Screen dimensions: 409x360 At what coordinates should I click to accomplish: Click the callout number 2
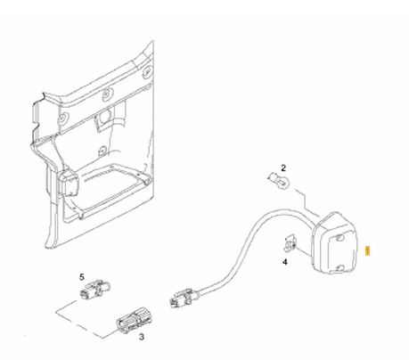pyautogui.click(x=283, y=168)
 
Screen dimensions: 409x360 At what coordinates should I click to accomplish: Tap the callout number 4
pyautogui.click(x=285, y=262)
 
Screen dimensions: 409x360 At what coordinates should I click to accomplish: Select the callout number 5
pyautogui.click(x=82, y=277)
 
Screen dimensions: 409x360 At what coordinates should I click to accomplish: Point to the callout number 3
pyautogui.click(x=142, y=337)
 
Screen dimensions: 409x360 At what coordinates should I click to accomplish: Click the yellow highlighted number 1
pyautogui.click(x=368, y=251)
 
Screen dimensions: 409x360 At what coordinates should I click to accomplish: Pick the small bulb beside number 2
pyautogui.click(x=278, y=180)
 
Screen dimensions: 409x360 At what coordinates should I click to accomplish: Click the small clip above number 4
pyautogui.click(x=290, y=243)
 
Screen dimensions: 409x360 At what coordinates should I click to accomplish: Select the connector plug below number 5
pyautogui.click(x=95, y=290)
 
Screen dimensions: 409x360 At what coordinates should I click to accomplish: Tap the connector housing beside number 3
pyautogui.click(x=135, y=321)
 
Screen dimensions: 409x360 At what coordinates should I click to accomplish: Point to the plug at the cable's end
pyautogui.click(x=182, y=298)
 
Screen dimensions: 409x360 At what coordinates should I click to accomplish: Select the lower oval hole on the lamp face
pyautogui.click(x=340, y=268)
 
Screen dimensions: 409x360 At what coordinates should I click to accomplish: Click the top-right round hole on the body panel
pyautogui.click(x=147, y=71)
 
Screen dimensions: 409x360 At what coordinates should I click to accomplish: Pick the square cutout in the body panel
pyautogui.click(x=103, y=119)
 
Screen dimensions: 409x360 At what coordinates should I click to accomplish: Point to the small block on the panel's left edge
pyautogui.click(x=69, y=183)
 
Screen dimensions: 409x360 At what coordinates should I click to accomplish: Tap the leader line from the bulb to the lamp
pyautogui.click(x=306, y=202)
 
